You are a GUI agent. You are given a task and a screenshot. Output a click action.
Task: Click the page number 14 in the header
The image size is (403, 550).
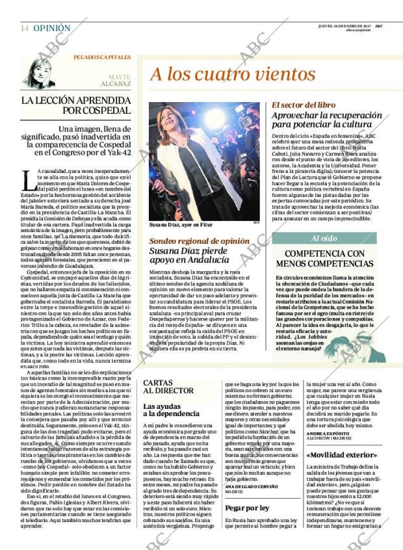(x=24, y=29)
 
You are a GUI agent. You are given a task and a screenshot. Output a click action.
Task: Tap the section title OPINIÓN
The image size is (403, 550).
(x=52, y=29)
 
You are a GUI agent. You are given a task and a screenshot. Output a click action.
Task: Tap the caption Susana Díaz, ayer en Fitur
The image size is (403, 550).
(x=177, y=226)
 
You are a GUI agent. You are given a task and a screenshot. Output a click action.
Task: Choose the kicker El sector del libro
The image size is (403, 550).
(x=303, y=104)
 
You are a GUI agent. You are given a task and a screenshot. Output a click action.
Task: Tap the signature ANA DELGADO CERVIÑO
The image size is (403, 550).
(x=251, y=488)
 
